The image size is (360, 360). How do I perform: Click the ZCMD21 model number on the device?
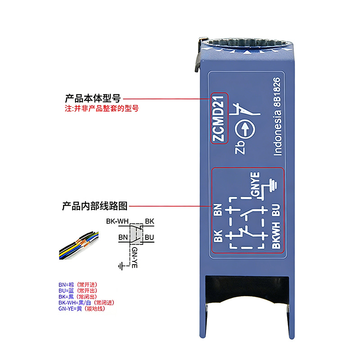click(218, 118)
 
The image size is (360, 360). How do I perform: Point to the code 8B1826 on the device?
click(277, 92)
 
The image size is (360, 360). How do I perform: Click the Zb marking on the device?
click(240, 148)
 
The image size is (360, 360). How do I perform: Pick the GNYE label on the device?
click(255, 184)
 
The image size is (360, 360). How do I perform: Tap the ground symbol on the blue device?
click(272, 185)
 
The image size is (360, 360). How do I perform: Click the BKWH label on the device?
click(276, 235)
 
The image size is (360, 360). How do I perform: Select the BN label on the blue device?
click(218, 210)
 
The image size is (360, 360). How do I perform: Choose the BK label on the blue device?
click(218, 236)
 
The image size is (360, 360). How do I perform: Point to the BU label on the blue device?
click(276, 210)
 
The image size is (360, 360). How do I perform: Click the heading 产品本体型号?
click(93, 98)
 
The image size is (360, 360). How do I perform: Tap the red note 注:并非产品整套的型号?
click(102, 108)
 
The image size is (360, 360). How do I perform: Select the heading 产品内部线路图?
click(94, 206)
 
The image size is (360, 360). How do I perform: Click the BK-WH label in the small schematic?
click(117, 221)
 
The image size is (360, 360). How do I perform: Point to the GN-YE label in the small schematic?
click(135, 257)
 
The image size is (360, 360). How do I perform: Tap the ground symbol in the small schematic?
click(121, 266)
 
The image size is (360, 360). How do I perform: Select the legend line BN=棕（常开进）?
click(78, 285)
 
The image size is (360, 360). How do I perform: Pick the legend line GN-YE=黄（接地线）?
click(82, 309)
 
